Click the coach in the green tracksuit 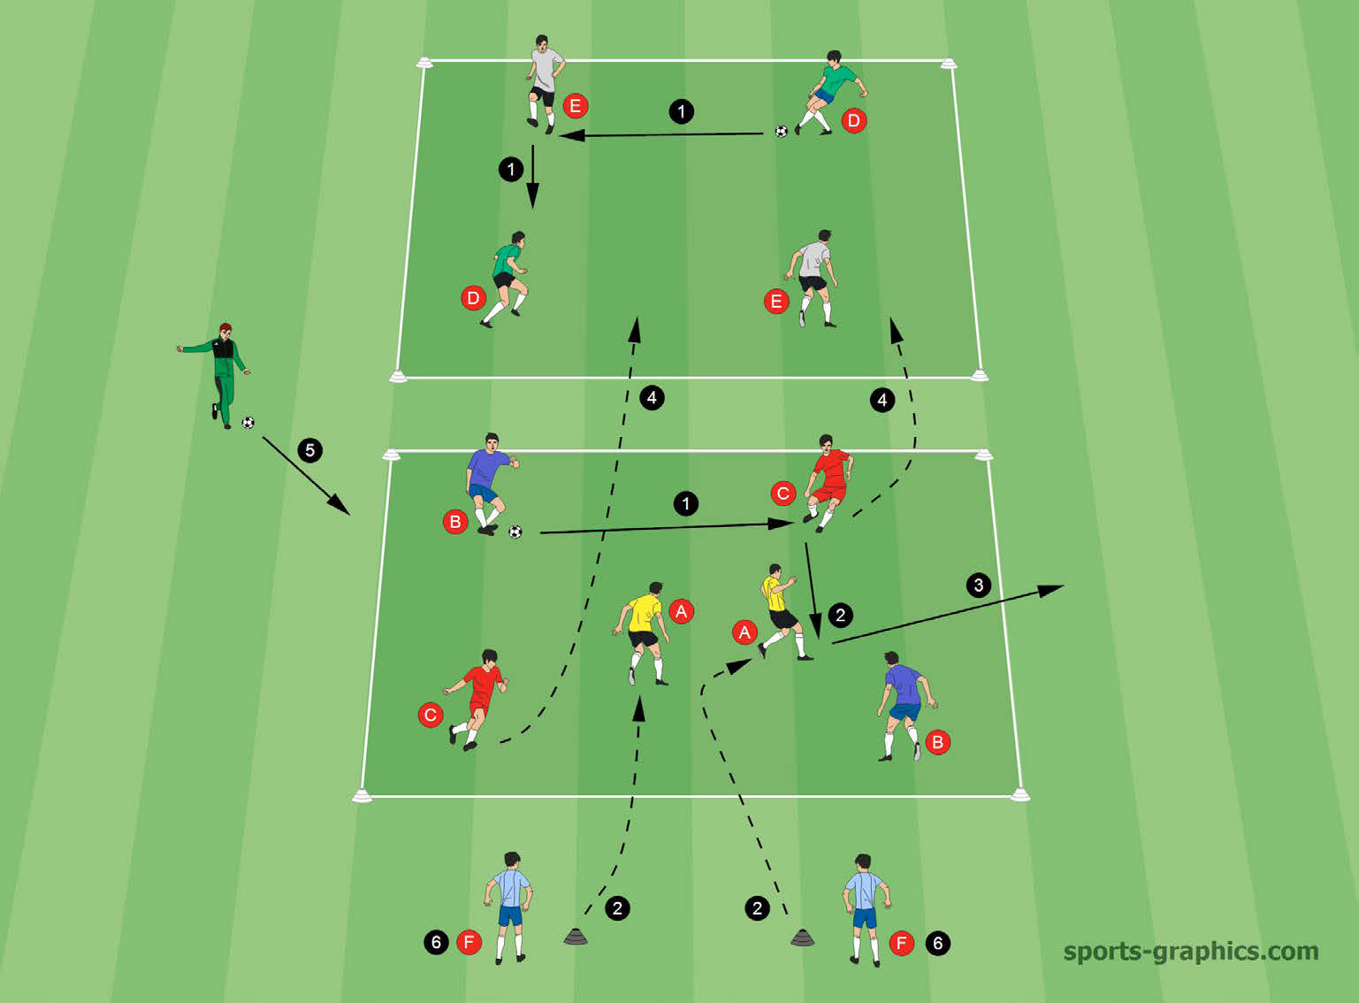[x=217, y=375]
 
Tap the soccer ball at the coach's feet [x=248, y=423]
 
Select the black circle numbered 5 [x=310, y=450]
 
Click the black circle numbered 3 [x=979, y=585]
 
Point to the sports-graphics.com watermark [x=1190, y=951]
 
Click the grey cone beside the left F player [x=576, y=936]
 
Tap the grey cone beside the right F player [x=802, y=938]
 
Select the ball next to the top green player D [x=782, y=131]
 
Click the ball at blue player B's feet [x=515, y=532]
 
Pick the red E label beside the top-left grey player [x=576, y=106]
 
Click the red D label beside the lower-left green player [x=473, y=299]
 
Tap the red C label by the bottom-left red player [x=430, y=715]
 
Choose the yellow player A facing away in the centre [x=643, y=632]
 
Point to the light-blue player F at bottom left [x=508, y=907]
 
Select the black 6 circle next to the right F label [x=937, y=943]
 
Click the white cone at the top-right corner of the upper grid [x=948, y=62]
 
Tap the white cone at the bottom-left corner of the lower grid [x=363, y=796]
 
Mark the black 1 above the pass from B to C [x=685, y=503]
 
